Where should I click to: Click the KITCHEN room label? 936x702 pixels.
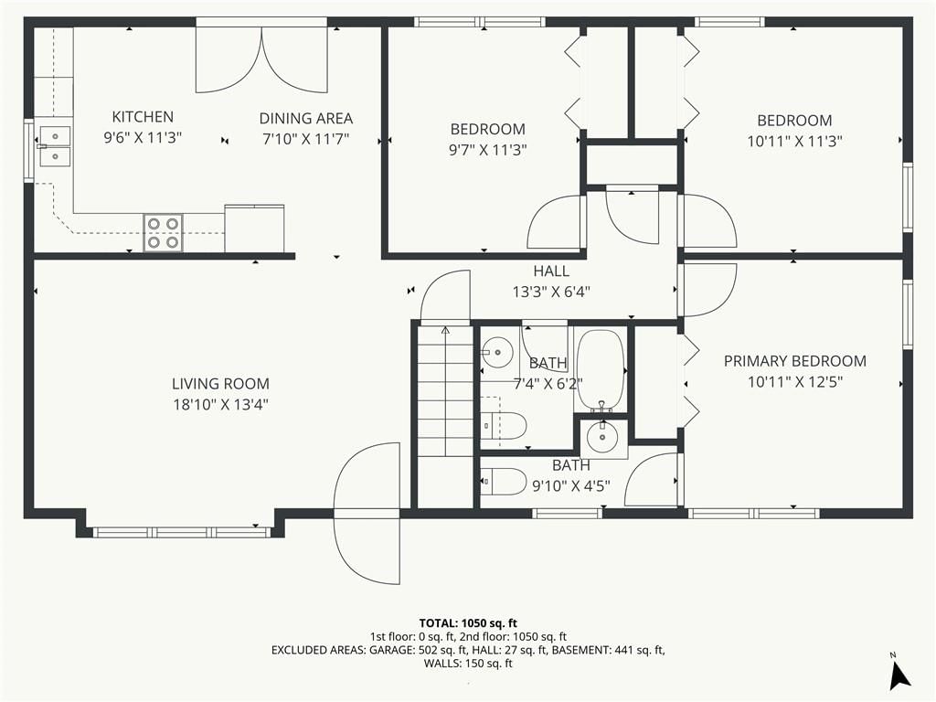[143, 116]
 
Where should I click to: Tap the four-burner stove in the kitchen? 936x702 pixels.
[163, 232]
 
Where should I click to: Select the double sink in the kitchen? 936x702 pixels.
[54, 146]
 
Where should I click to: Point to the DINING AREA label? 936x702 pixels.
[305, 118]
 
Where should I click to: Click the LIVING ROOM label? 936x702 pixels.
[220, 383]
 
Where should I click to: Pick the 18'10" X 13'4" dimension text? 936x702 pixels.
[220, 405]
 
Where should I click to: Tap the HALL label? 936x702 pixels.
[551, 271]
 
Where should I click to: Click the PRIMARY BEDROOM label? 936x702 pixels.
[794, 361]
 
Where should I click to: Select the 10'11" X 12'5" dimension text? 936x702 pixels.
[794, 382]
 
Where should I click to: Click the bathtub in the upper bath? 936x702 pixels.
[600, 370]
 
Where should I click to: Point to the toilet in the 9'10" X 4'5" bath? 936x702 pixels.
[503, 481]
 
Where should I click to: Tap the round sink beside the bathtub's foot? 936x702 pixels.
[601, 438]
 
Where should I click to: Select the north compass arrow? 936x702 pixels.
[899, 675]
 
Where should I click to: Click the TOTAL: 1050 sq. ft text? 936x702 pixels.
[468, 623]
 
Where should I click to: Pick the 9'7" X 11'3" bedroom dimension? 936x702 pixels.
[488, 150]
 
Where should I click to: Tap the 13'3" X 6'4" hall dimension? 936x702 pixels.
[551, 292]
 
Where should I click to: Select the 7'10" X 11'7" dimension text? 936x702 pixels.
[305, 139]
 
